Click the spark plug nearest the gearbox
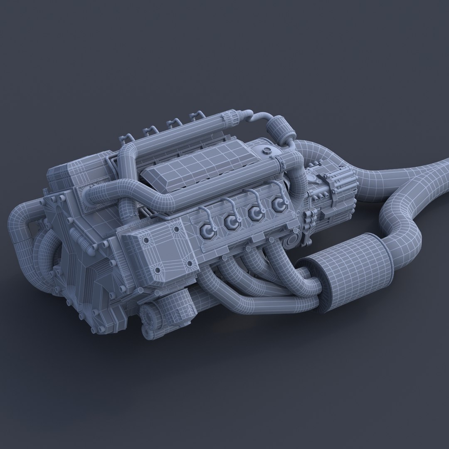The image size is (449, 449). click(x=279, y=205)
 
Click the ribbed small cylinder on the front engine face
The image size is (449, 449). click(x=81, y=241)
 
